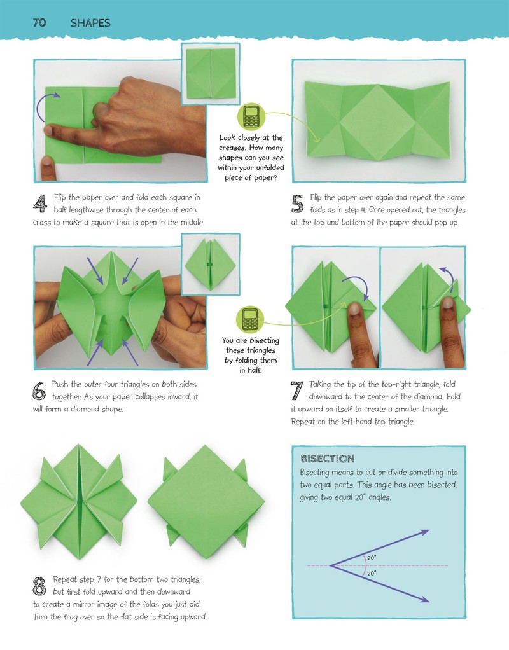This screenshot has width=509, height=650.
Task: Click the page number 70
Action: (39, 22)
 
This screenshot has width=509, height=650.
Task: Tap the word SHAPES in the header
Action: (90, 23)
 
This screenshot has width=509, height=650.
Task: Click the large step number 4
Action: (40, 204)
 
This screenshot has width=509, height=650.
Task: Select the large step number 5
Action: (297, 204)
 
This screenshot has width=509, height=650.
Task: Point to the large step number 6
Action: (39, 391)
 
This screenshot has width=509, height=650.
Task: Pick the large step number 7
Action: (297, 391)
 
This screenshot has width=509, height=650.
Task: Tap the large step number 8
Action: (39, 586)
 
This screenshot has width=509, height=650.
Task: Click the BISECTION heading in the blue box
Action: (327, 459)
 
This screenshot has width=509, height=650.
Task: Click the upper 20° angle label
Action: (372, 558)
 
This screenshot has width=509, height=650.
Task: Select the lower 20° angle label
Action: (372, 573)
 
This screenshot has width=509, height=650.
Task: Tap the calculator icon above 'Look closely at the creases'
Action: (251, 116)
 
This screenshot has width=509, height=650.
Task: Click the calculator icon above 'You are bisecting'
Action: (250, 320)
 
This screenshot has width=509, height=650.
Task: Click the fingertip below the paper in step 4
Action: (48, 167)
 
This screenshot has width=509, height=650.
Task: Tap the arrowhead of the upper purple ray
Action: (424, 532)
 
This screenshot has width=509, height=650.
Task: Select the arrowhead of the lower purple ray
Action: (424, 598)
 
